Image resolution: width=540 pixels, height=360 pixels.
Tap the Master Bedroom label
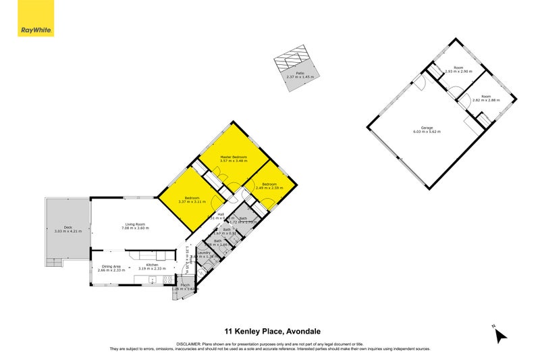(x=234, y=157)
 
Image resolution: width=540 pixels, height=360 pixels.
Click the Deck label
(x=67, y=228)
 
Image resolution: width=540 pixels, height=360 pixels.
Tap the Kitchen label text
(x=152, y=265)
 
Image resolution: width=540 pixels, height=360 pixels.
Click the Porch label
(x=184, y=285)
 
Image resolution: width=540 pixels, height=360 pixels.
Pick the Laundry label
(x=203, y=253)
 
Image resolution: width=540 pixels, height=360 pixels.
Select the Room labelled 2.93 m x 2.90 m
(x=458, y=68)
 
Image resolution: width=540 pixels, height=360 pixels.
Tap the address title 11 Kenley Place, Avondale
(x=272, y=331)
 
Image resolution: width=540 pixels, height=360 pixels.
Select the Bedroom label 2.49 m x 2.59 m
(x=269, y=185)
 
